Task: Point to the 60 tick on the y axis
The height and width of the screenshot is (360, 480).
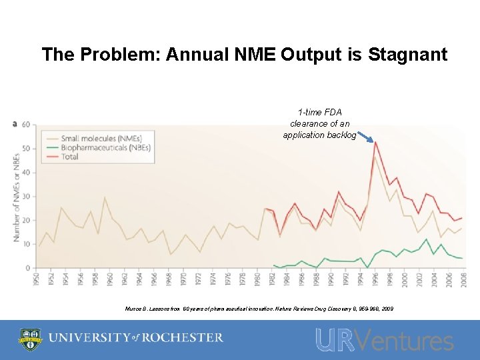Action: coord(26,125)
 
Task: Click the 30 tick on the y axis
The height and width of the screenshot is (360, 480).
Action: coord(26,196)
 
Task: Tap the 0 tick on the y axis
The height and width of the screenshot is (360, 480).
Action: coord(28,268)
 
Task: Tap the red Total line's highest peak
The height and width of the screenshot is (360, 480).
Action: coord(375,142)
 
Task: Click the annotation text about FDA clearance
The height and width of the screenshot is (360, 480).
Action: coord(319,123)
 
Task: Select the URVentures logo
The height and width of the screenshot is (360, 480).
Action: coord(384,340)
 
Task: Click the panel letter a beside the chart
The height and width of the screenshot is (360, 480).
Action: coord(15,123)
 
